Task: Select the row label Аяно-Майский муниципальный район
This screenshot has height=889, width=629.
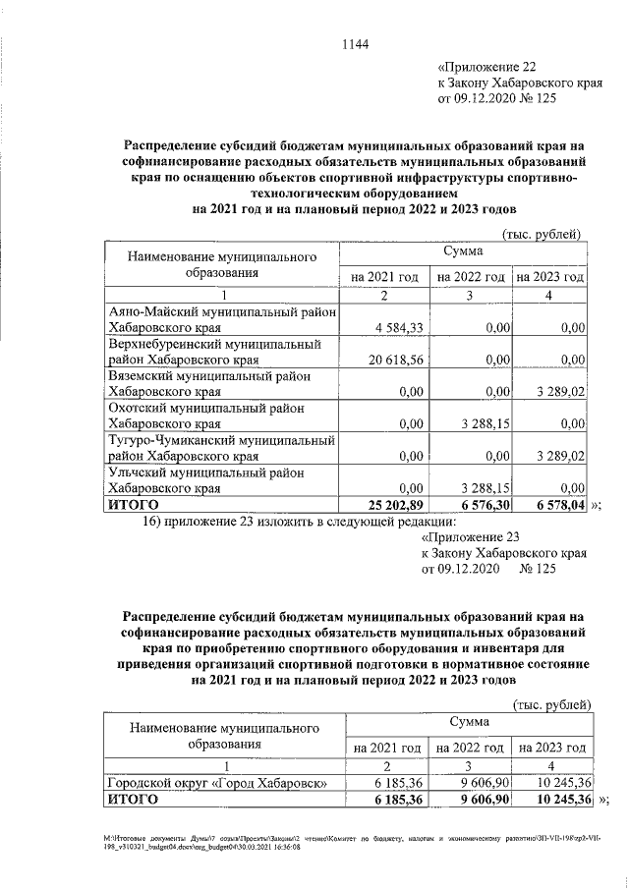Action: point(222,311)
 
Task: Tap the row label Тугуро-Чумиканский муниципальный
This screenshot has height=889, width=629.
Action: point(222,440)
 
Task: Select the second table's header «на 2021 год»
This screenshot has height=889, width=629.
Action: point(389,748)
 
